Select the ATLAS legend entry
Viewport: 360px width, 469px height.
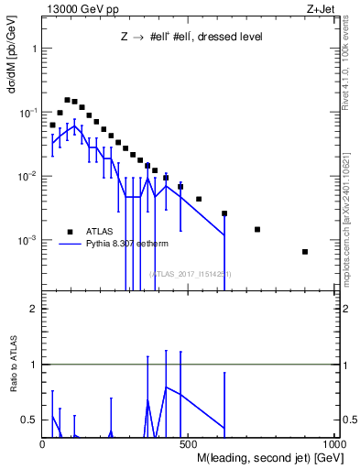(x=101, y=232)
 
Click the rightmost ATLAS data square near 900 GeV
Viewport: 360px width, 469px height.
(x=305, y=252)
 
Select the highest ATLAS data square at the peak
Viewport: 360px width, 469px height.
(x=67, y=100)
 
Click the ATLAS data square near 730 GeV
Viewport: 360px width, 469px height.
(x=257, y=230)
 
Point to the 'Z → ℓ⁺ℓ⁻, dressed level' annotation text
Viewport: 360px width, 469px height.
(x=192, y=38)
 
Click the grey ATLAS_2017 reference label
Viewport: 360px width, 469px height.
(x=191, y=274)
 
